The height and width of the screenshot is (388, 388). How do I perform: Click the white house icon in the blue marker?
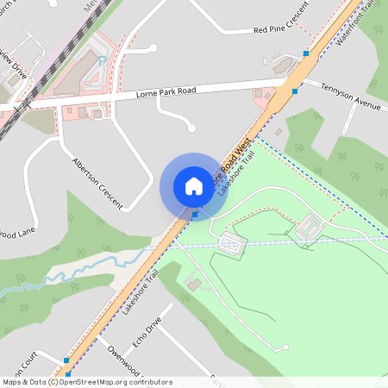tap(194, 185)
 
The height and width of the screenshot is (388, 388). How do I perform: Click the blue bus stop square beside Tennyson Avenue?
tap(295, 91)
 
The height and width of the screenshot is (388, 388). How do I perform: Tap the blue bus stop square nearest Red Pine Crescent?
tap(306, 53)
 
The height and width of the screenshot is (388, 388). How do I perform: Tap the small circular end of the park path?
tap(285, 347)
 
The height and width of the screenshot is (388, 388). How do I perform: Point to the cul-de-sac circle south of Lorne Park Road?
tap(191, 128)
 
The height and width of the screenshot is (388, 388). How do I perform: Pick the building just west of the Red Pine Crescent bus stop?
tap(282, 65)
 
